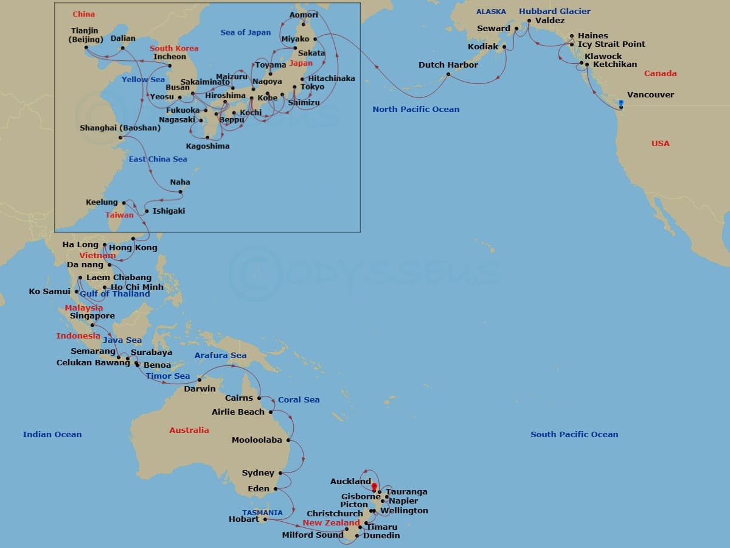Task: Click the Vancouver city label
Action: pyautogui.click(x=650, y=95)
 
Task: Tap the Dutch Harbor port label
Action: pyautogui.click(x=448, y=65)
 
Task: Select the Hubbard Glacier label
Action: pyautogui.click(x=554, y=12)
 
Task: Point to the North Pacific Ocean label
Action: pyautogui.click(x=416, y=110)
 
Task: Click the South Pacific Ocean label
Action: pyautogui.click(x=574, y=434)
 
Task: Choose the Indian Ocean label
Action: pyautogui.click(x=52, y=434)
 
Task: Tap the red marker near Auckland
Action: pyautogui.click(x=374, y=487)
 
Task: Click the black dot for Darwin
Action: pyautogui.click(x=200, y=379)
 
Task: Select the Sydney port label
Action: pyautogui.click(x=258, y=473)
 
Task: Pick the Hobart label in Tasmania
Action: pyautogui.click(x=243, y=519)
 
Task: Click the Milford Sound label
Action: pyautogui.click(x=312, y=535)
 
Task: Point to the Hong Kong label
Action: pyautogui.click(x=133, y=247)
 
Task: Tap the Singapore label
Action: pyautogui.click(x=92, y=316)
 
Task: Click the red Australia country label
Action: pyautogui.click(x=189, y=430)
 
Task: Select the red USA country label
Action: pyautogui.click(x=660, y=144)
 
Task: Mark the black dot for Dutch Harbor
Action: pyautogui.click(x=448, y=74)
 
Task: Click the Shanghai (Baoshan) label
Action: pyautogui.click(x=120, y=128)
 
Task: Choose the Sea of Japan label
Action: pyautogui.click(x=246, y=32)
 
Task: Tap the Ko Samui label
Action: pyautogui.click(x=50, y=292)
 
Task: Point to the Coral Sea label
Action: pyautogui.click(x=299, y=400)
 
